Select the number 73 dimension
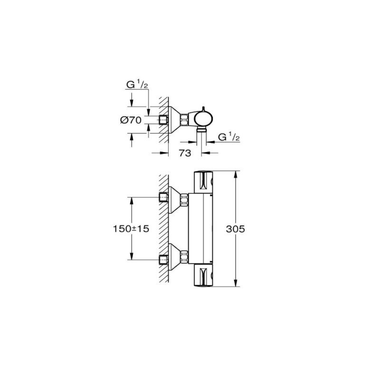coord(185,154)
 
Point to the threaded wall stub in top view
coord(164,120)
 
